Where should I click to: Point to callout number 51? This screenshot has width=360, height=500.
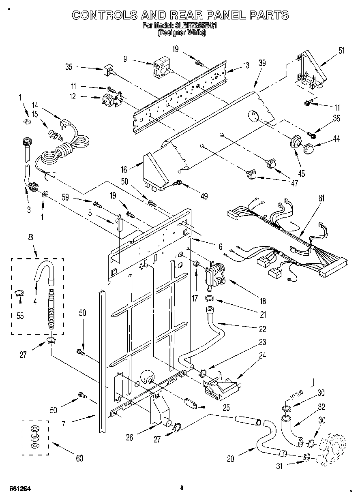click(341, 51)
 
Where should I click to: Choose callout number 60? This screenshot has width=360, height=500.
click(79, 458)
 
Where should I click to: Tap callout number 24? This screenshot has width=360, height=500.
click(262, 357)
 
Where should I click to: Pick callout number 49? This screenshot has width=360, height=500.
click(204, 196)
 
